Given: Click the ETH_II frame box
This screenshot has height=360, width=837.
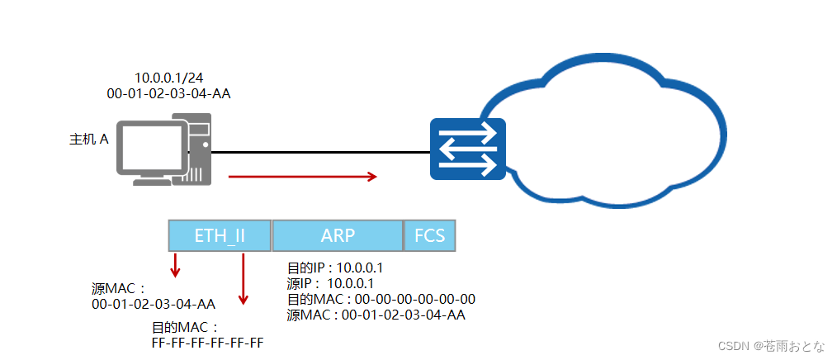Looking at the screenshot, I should click(x=220, y=236).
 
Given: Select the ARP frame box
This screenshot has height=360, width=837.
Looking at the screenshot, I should click(x=338, y=236).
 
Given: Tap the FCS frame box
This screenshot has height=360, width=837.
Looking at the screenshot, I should click(x=429, y=236).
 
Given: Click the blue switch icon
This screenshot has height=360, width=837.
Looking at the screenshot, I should click(x=467, y=149).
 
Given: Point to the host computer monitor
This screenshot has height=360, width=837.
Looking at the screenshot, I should click(x=150, y=149).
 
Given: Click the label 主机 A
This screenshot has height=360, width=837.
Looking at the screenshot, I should click(x=89, y=140).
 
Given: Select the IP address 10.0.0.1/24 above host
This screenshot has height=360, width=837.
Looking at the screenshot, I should click(x=168, y=77).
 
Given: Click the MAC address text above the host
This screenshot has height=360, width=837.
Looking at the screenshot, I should click(x=168, y=93).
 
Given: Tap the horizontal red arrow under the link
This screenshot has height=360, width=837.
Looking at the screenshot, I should click(x=302, y=176).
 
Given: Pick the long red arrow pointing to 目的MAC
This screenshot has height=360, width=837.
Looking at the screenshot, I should click(x=243, y=280).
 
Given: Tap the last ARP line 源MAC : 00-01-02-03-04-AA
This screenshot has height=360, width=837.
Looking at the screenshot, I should click(x=376, y=315).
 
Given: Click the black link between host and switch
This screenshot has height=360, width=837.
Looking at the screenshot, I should click(x=322, y=152).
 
